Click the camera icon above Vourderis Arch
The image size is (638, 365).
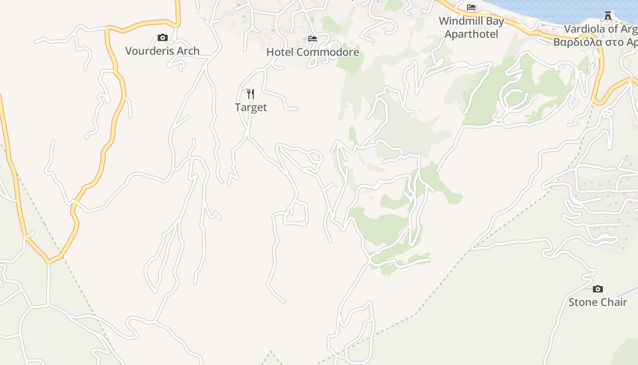click(x=162, y=38)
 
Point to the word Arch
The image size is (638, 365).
click(x=187, y=51)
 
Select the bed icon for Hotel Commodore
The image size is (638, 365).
click(x=313, y=39)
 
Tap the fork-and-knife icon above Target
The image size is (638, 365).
click(x=250, y=94)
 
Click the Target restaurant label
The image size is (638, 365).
click(x=251, y=108)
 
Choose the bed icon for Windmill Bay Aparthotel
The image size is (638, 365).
click(x=471, y=7)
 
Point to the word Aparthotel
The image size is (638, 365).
click(x=471, y=34)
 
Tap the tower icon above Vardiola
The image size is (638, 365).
click(x=608, y=16)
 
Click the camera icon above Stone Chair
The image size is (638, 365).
click(x=597, y=289)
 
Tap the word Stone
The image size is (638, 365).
click(x=581, y=302)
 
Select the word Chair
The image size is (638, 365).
click(x=613, y=302)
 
